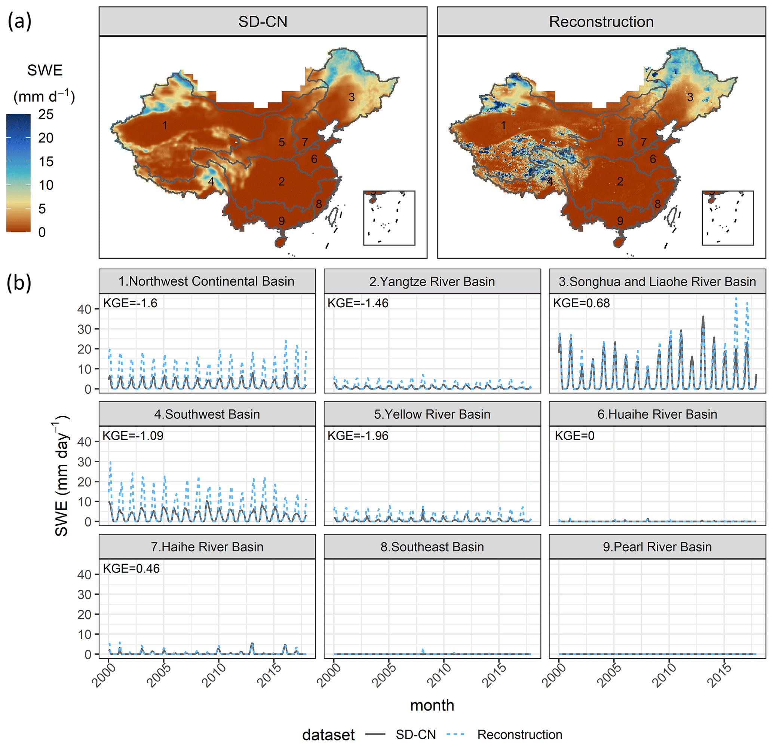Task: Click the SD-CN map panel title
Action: (x=263, y=22)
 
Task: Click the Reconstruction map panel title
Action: (x=601, y=22)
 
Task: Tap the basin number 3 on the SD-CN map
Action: (x=352, y=97)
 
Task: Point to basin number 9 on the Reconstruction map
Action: (x=620, y=221)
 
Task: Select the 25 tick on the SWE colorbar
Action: (x=46, y=115)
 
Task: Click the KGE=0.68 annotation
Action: (x=581, y=303)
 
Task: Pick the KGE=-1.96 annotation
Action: (x=358, y=436)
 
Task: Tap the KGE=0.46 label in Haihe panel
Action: (x=131, y=568)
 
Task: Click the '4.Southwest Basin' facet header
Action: (x=207, y=414)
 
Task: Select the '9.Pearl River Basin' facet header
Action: (x=657, y=547)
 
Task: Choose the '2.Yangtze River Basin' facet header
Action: (x=432, y=282)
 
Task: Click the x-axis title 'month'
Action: (x=432, y=705)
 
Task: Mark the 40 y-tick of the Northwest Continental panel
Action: (x=85, y=310)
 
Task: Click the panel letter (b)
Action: (x=19, y=283)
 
